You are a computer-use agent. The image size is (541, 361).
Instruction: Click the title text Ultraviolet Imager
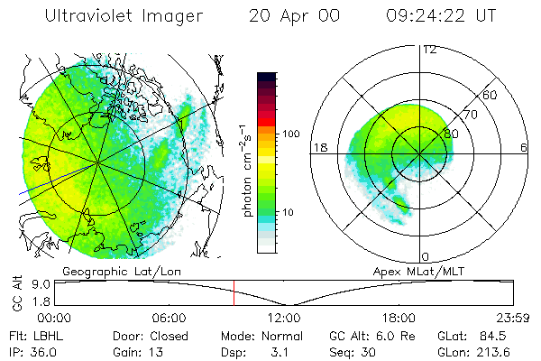tap(125, 15)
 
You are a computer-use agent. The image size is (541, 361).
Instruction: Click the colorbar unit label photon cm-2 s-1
tap(246, 170)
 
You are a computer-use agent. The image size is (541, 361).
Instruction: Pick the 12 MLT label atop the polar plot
tap(429, 50)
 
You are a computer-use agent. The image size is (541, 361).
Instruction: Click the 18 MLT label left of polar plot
tap(319, 148)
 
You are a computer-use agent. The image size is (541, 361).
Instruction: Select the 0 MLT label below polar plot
tap(425, 256)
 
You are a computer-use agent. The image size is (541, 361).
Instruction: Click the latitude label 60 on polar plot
tap(491, 95)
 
